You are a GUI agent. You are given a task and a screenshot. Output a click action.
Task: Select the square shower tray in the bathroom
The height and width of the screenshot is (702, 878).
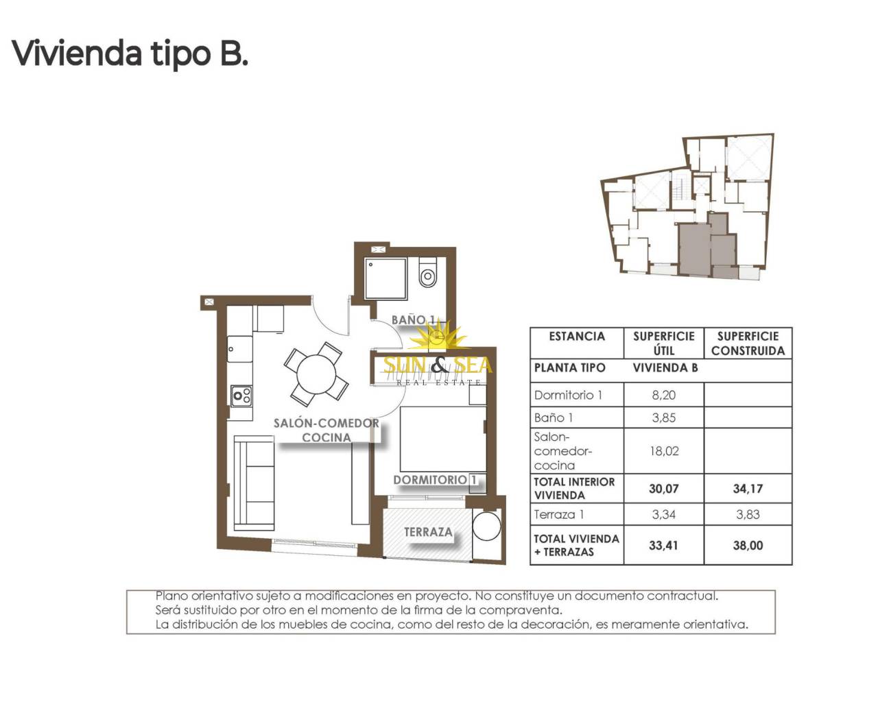[385, 278]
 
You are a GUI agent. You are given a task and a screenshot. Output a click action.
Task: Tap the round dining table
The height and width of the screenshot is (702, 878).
[316, 374]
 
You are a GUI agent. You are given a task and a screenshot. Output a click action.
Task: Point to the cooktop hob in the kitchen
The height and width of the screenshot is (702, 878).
[241, 396]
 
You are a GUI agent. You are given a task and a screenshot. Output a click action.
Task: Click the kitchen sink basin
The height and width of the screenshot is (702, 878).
[240, 349]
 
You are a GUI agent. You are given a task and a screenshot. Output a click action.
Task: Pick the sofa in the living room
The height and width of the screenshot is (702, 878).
[254, 483]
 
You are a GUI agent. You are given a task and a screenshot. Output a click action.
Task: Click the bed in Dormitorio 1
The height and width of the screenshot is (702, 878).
[443, 439]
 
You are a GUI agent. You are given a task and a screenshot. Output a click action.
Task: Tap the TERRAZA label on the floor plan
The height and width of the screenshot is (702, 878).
[428, 532]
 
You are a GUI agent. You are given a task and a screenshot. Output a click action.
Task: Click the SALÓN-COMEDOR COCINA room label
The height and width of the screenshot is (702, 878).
[327, 430]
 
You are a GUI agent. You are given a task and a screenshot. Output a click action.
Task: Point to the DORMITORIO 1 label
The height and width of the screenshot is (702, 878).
[435, 480]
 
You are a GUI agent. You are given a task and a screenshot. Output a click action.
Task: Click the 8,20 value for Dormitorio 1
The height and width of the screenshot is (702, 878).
[663, 395]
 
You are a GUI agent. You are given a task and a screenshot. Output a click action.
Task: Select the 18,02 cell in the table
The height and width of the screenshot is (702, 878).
[664, 450]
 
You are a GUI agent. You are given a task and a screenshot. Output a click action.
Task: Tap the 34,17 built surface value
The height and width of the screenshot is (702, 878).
[748, 489]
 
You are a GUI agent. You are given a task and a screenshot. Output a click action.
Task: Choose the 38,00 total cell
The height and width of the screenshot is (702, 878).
[748, 546]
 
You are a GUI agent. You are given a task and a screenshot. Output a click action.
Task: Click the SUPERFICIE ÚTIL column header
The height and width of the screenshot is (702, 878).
[664, 343]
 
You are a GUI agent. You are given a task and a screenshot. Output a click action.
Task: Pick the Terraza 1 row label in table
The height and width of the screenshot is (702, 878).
[558, 514]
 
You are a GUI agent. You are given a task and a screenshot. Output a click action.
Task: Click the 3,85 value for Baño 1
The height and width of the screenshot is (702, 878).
[663, 417]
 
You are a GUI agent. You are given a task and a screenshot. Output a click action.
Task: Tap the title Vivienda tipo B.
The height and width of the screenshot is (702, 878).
[130, 53]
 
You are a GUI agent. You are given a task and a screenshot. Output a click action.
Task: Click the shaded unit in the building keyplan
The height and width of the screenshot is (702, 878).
[708, 246]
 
